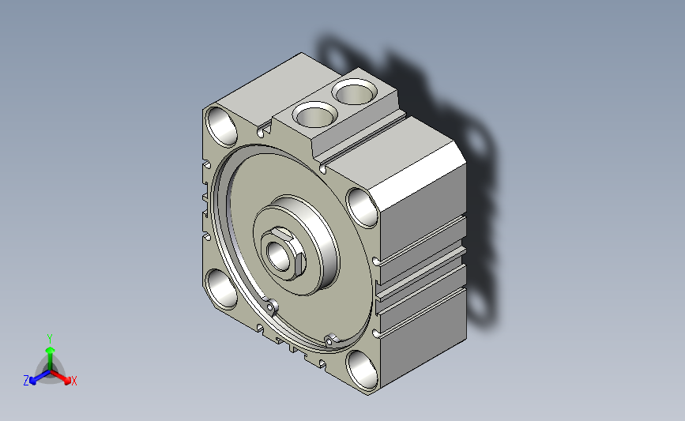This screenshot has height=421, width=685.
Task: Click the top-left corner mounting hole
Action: coord(221,126)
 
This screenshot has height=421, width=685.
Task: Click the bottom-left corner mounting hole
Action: coord(221,289)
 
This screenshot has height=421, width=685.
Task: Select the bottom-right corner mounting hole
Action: coord(362,370)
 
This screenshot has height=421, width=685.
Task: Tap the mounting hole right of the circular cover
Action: coord(362,208)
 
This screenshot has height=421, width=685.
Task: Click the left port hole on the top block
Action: coord(314,115)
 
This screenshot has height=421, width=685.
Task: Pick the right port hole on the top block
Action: coord(354,92)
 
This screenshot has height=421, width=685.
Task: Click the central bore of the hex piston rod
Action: coord(279,256)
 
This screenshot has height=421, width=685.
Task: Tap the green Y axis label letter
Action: coord(50,339)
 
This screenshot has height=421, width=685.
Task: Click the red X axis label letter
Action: coord(73,381)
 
